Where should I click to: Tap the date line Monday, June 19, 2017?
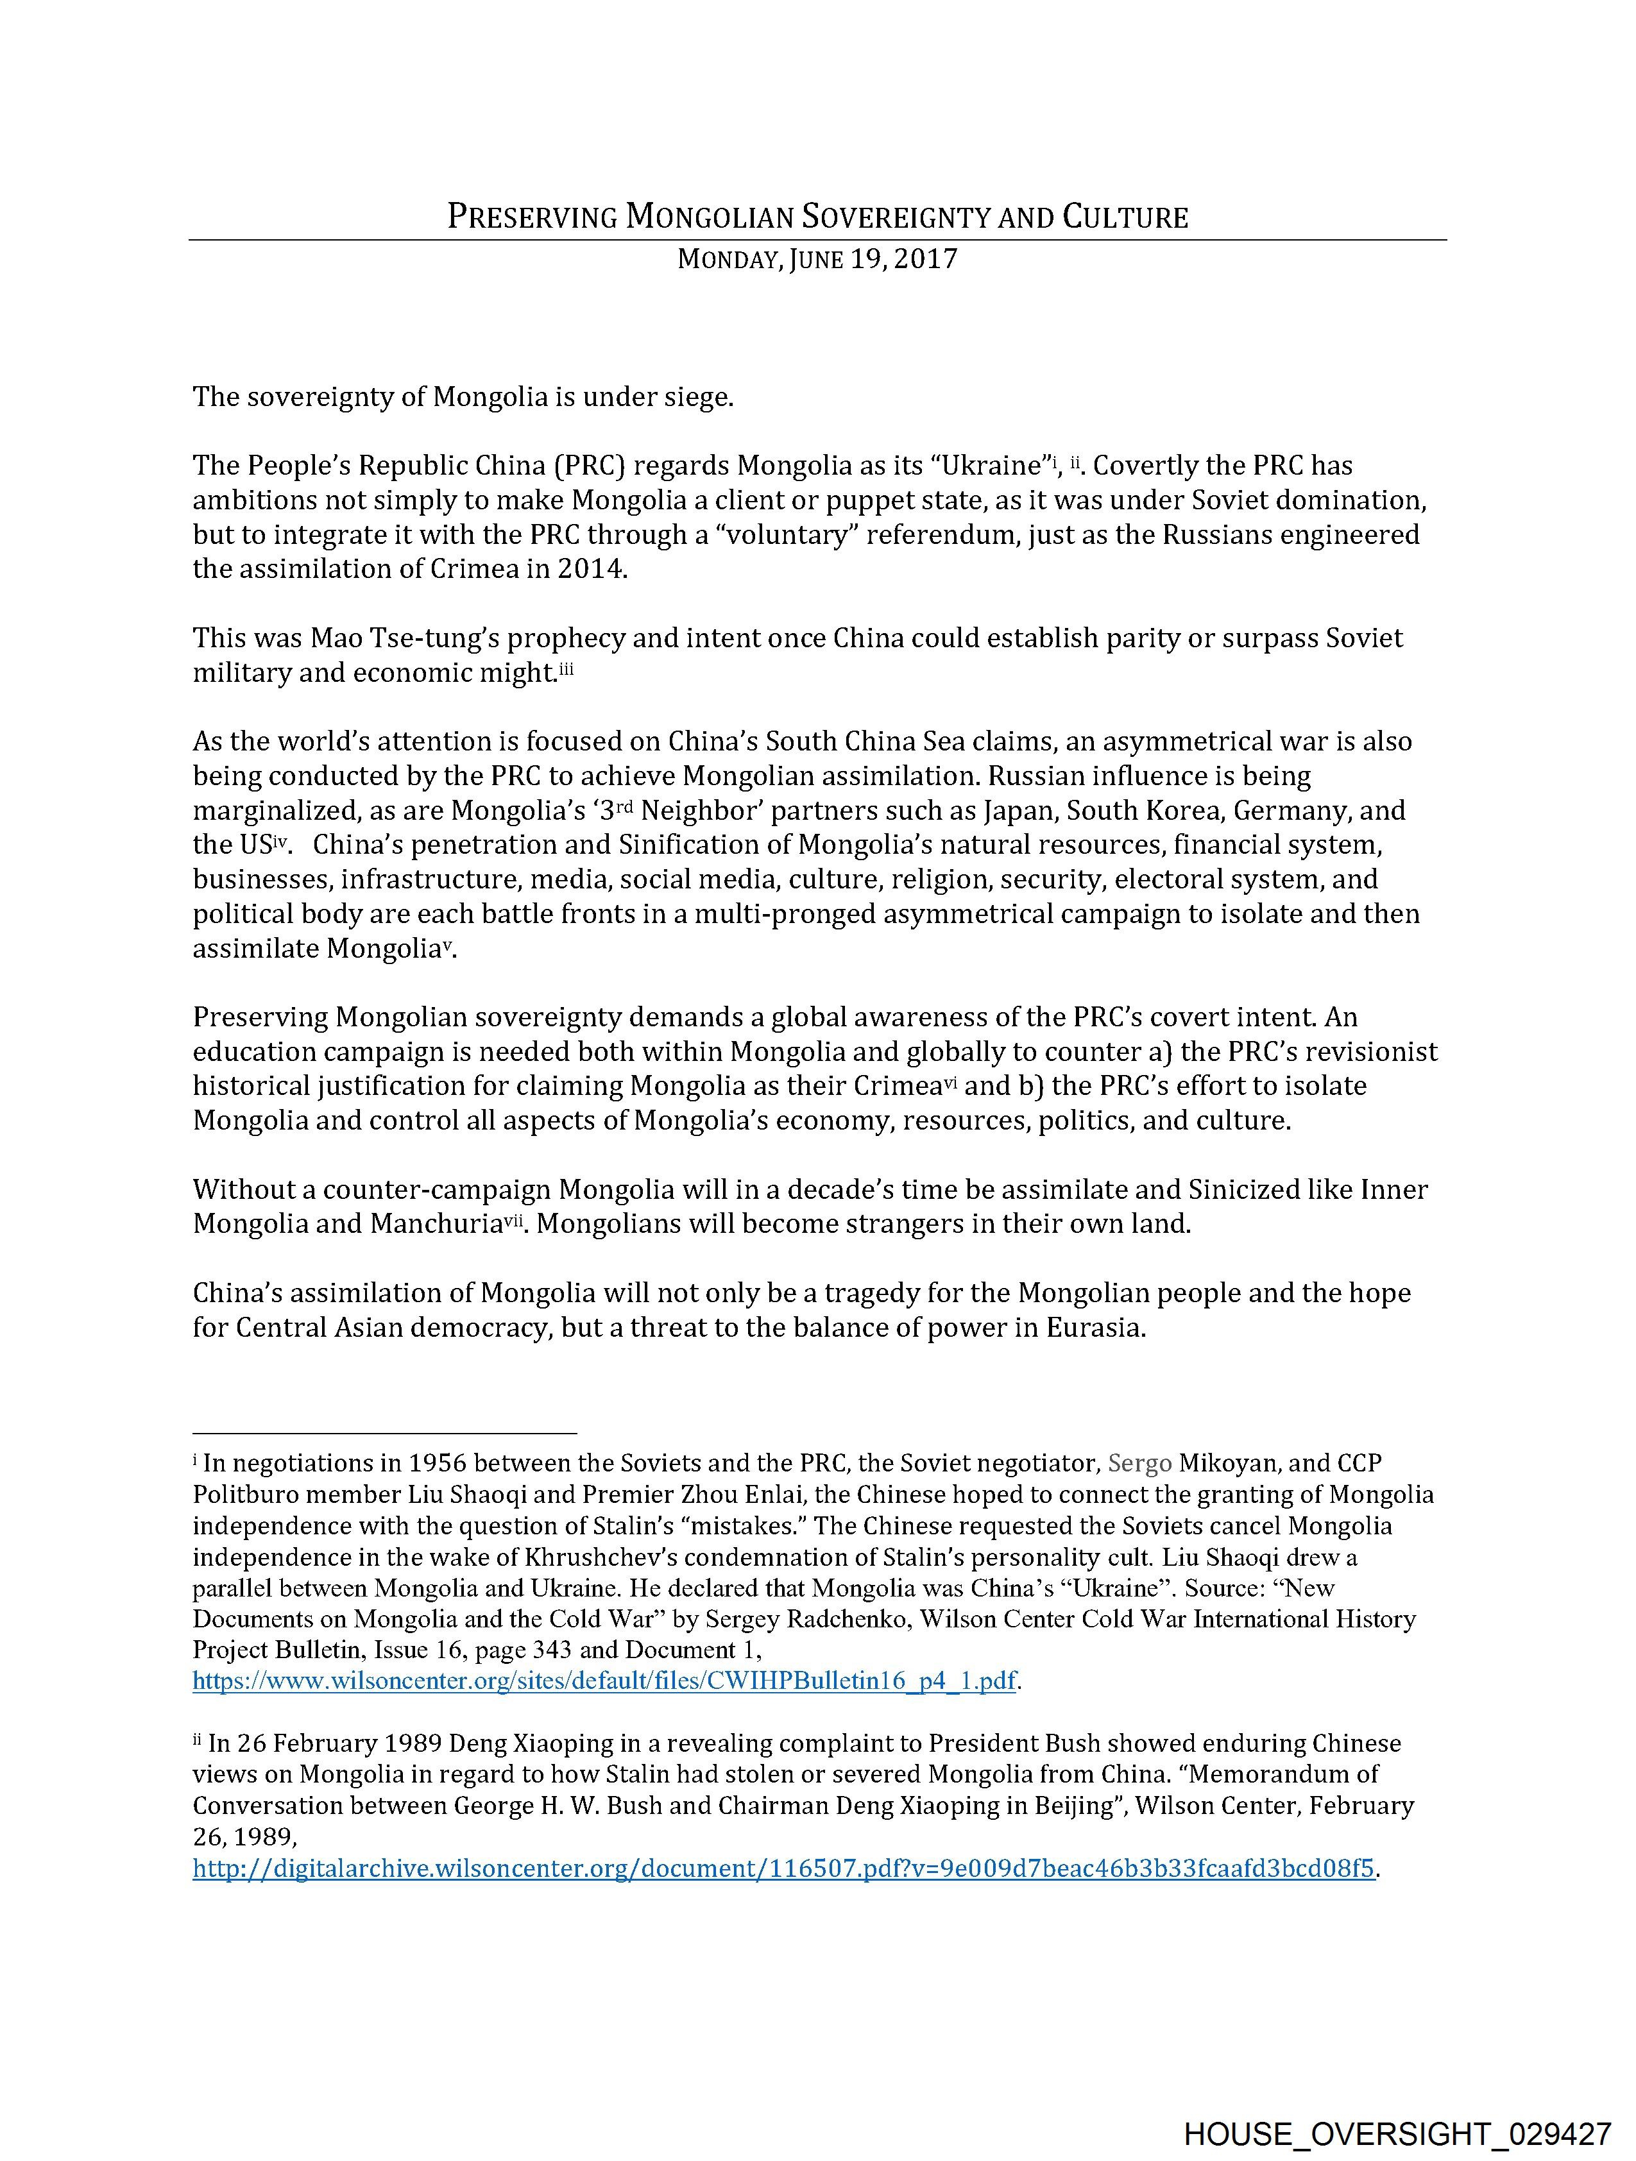(817, 260)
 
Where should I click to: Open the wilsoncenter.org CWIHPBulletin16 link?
(605, 1681)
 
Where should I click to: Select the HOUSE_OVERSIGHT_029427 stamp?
(1397, 2131)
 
